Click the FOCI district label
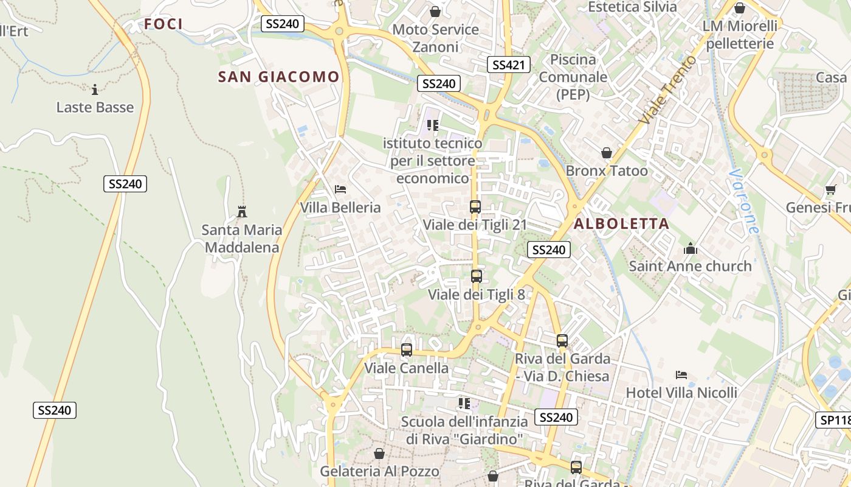pos(164,24)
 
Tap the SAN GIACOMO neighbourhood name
pos(278,77)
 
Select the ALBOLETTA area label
pos(621,223)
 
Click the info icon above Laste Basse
pos(95,90)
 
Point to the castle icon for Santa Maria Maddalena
pos(242,212)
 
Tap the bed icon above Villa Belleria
pos(340,189)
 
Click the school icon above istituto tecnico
pos(433,125)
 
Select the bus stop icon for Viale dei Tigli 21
pos(475,207)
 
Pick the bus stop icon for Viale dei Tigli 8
pos(477,276)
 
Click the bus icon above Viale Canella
pos(407,350)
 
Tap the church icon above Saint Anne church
pos(690,248)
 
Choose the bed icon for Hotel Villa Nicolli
pos(681,375)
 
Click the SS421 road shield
pos(509,65)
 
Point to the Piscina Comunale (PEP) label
pos(573,77)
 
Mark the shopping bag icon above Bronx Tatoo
pos(606,153)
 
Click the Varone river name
pos(745,201)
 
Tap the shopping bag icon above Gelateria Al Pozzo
pos(379,454)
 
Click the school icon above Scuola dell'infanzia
pos(464,404)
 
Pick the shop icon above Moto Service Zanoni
pos(435,12)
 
